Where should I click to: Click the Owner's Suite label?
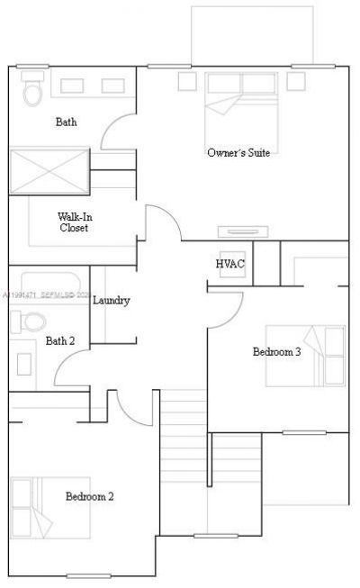[x=238, y=152]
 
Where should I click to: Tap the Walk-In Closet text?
[x=74, y=222]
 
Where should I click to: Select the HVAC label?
[x=229, y=263]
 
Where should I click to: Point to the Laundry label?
[x=112, y=300]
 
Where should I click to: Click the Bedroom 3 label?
[x=276, y=351]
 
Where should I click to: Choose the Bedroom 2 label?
[x=89, y=496]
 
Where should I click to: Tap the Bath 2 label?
[x=60, y=340]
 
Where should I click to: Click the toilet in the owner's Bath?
[x=32, y=91]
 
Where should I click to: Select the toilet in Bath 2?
[x=32, y=321]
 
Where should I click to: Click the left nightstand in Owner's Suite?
[x=187, y=81]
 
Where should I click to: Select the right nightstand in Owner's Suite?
[x=297, y=81]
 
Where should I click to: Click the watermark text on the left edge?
[x=45, y=294]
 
